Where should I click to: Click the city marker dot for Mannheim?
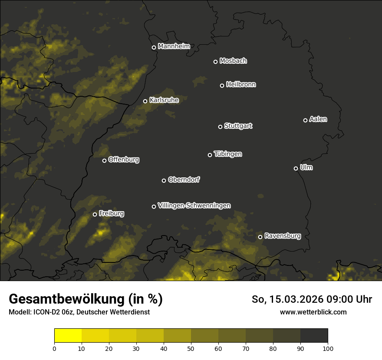click(154, 48)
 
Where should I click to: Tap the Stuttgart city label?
click(238, 126)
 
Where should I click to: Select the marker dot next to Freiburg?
click(95, 214)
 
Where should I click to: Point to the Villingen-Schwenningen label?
click(194, 206)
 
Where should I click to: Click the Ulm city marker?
click(296, 168)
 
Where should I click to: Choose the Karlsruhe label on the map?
click(164, 100)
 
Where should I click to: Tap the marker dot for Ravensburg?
click(260, 237)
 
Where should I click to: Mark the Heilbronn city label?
click(241, 85)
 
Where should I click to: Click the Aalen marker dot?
click(305, 120)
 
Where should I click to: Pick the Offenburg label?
click(124, 160)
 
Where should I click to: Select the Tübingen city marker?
click(210, 155)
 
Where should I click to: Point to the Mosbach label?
click(233, 61)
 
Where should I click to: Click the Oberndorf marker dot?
click(164, 180)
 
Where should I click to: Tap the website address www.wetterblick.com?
click(313, 312)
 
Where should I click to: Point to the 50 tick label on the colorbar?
click(191, 348)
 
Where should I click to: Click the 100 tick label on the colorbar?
click(328, 348)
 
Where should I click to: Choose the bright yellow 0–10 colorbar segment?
click(68, 336)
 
